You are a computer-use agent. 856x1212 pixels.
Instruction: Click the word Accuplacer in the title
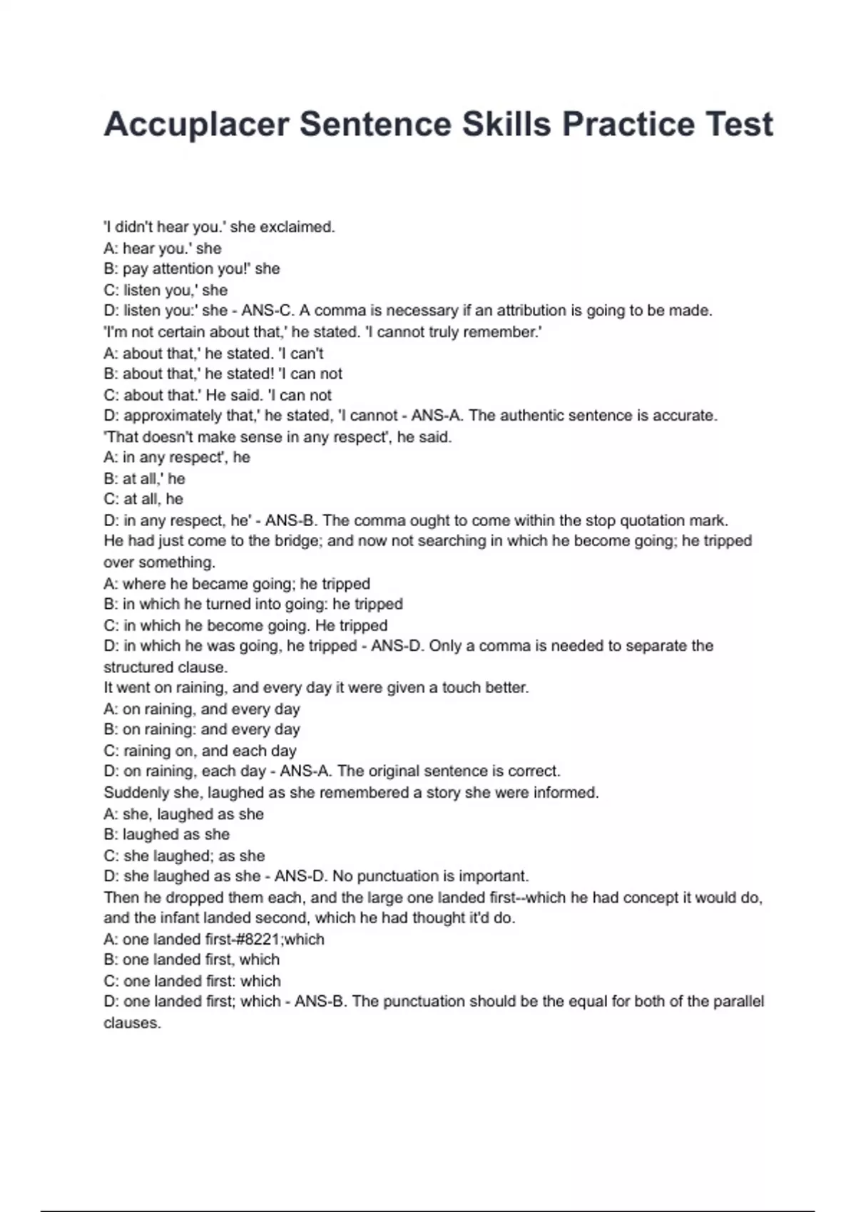pyautogui.click(x=196, y=125)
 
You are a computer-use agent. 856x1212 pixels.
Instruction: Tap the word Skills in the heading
pyautogui.click(x=506, y=125)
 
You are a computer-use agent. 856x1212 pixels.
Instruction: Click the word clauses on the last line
pyautogui.click(x=132, y=1023)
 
